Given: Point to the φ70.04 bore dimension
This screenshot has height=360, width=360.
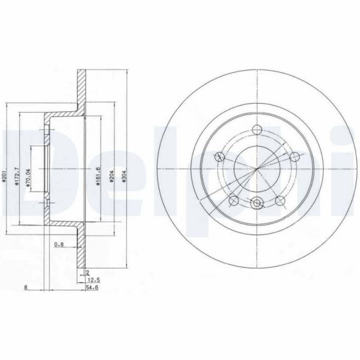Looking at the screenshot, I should [28, 171].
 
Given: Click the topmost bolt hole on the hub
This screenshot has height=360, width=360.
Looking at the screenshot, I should [257, 129].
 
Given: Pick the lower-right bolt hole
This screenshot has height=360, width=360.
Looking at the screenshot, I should [280, 200].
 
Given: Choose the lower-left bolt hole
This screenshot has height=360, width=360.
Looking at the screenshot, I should [234, 200].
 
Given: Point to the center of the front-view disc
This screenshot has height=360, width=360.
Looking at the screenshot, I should [257, 170].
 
